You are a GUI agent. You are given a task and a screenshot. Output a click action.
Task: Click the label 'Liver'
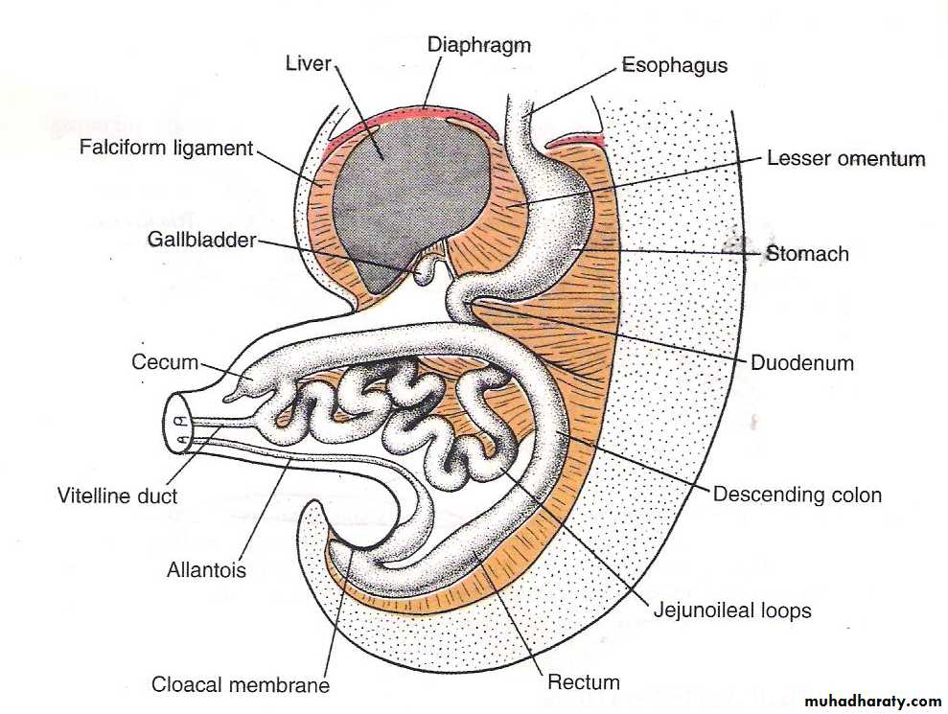click(308, 64)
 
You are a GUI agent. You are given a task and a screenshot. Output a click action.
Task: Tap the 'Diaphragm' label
click(478, 44)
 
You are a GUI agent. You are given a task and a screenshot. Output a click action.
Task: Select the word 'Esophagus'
click(674, 66)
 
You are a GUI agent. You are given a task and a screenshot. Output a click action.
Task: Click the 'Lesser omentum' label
click(845, 158)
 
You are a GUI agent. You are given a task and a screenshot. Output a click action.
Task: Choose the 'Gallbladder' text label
click(201, 240)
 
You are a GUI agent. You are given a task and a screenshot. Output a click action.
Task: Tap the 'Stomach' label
click(808, 254)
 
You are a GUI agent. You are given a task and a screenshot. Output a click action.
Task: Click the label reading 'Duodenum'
click(803, 363)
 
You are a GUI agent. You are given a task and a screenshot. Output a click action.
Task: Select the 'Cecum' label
click(165, 362)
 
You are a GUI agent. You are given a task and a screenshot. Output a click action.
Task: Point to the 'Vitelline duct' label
click(118, 495)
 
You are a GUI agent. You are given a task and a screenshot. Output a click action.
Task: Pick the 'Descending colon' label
click(797, 495)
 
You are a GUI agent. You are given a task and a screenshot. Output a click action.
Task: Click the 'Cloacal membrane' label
click(241, 685)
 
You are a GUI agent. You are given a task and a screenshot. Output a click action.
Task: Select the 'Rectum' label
click(583, 682)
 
